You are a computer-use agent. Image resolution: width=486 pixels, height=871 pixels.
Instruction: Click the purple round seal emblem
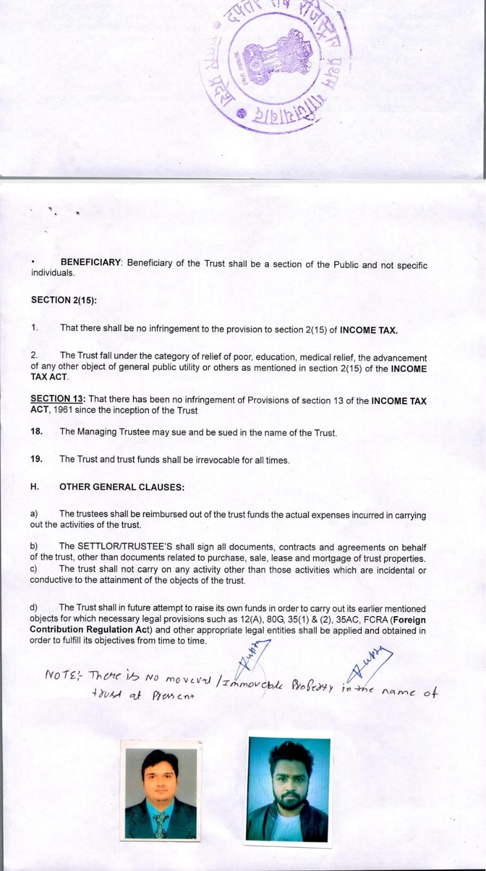point(278,65)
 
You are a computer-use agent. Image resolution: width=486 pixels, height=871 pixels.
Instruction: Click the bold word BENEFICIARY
point(91,262)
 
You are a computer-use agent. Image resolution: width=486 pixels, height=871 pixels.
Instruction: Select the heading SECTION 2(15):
point(64,300)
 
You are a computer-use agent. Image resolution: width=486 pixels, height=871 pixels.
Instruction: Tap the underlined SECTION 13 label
point(58,399)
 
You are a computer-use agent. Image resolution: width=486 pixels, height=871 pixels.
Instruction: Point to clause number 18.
point(36,432)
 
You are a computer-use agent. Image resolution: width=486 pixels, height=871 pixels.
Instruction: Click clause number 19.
point(36,459)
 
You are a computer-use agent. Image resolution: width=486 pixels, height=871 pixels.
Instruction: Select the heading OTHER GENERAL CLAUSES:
point(122,487)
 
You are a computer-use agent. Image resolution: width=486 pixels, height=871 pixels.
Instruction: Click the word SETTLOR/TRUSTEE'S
point(120,547)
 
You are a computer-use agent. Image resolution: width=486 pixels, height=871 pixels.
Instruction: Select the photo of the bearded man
point(288,789)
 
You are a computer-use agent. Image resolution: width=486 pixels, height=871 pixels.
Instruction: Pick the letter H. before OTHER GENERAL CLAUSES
point(34,487)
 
